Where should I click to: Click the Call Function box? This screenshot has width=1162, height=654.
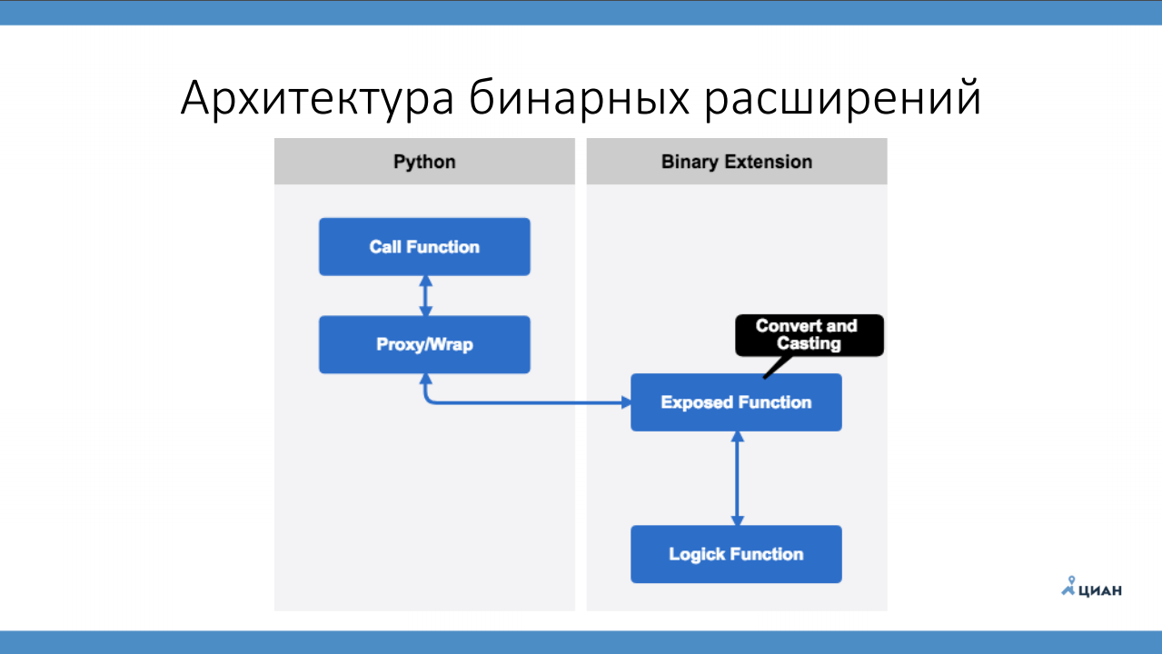(x=424, y=246)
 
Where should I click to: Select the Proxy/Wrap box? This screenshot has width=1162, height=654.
(x=424, y=344)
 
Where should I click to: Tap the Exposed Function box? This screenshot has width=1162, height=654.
(x=736, y=402)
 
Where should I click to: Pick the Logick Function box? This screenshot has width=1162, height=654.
(x=736, y=554)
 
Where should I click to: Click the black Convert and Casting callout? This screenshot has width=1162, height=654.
(x=807, y=334)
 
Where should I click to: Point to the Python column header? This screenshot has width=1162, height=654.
(x=424, y=162)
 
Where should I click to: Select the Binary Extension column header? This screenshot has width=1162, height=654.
(x=737, y=162)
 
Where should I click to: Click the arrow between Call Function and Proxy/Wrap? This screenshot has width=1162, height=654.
(x=425, y=295)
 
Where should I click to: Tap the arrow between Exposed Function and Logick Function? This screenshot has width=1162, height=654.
(x=737, y=478)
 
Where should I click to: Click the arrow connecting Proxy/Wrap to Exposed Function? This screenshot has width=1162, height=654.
(x=527, y=402)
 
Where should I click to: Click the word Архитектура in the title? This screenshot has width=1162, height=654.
(x=317, y=98)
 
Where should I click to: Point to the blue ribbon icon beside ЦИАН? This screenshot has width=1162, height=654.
(x=1069, y=587)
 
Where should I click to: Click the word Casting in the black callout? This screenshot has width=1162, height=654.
(x=809, y=343)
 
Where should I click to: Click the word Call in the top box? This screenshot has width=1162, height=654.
(x=385, y=246)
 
